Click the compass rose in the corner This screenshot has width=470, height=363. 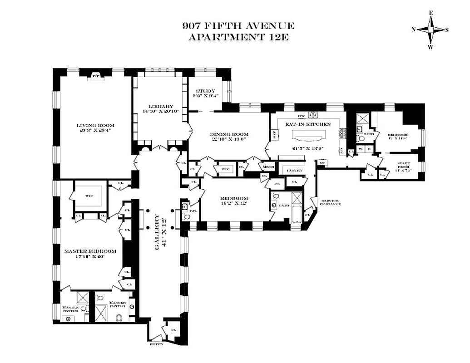click(x=430, y=30)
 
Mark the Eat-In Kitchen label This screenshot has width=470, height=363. click(x=307, y=124)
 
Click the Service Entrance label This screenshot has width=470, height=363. click(x=331, y=202)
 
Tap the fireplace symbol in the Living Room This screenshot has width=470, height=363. click(x=96, y=76)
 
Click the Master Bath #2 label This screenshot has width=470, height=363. click(x=70, y=309)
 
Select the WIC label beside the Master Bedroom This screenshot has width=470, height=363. click(x=89, y=196)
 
